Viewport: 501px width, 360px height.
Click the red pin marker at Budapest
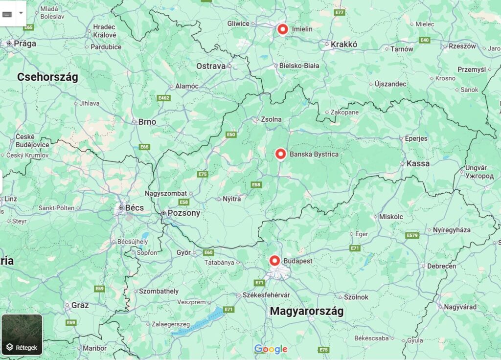coord(274,261)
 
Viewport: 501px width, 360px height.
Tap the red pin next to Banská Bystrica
coord(280,154)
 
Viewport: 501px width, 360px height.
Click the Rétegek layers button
coord(22,335)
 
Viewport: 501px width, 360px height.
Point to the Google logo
coord(271,349)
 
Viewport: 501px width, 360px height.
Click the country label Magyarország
coord(307,311)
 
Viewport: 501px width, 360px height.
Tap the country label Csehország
coord(47,77)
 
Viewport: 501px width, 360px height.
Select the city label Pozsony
coord(183,213)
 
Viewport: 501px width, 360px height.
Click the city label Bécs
coord(135,208)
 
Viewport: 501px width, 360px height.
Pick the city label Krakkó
coord(344,45)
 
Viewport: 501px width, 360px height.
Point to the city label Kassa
coord(418,163)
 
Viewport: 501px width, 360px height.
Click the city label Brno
coord(147,122)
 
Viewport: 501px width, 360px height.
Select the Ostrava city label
coord(211,66)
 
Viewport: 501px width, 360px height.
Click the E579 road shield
coord(412,236)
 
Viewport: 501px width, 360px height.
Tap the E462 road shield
coord(164,98)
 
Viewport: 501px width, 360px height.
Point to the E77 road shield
coord(340,12)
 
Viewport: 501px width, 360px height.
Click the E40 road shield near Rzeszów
coord(424,40)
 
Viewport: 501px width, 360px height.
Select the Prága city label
coord(25,44)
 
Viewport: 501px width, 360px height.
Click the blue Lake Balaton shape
coord(198,322)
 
